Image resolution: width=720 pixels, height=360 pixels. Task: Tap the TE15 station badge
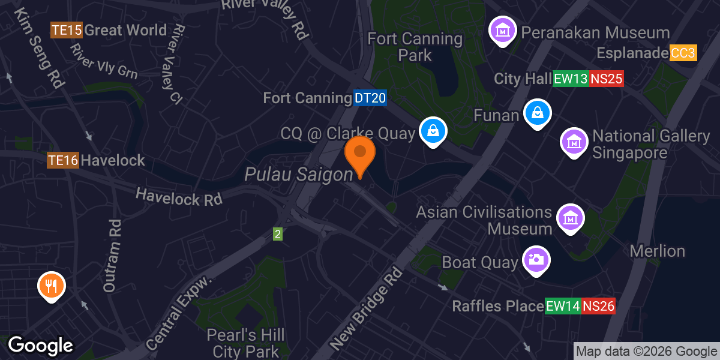(x=67, y=30)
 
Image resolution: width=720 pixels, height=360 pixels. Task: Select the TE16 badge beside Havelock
(x=63, y=160)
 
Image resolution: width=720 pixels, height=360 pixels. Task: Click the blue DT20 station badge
(x=370, y=98)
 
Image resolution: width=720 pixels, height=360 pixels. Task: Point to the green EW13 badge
(x=570, y=79)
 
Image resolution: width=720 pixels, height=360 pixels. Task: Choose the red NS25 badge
(x=606, y=79)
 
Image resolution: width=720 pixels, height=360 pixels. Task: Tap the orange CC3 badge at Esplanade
(x=683, y=53)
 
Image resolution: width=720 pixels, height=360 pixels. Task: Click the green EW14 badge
(x=563, y=306)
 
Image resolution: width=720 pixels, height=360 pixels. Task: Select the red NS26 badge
(x=598, y=306)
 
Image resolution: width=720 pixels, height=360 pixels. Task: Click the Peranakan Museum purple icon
(x=503, y=29)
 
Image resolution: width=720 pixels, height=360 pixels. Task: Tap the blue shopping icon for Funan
(x=538, y=112)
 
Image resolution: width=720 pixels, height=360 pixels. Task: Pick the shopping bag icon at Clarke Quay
(x=432, y=130)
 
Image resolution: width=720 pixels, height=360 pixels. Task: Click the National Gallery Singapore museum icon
(x=574, y=142)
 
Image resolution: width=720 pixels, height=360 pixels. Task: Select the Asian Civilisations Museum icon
(x=570, y=218)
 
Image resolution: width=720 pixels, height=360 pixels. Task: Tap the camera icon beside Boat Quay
(x=536, y=260)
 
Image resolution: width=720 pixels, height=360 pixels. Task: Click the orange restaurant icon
(x=52, y=286)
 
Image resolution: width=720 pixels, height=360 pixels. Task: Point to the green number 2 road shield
(x=278, y=234)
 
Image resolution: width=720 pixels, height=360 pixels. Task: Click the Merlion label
(x=657, y=251)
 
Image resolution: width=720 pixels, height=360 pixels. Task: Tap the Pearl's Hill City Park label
(x=245, y=343)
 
